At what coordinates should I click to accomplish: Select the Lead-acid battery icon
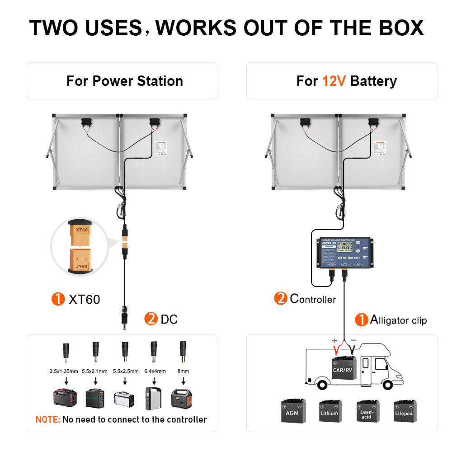(367, 411)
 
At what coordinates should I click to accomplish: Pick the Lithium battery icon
(330, 411)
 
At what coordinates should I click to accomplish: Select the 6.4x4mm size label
(154, 371)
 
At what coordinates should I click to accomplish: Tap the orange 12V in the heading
(334, 81)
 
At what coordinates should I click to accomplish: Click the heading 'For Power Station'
(124, 81)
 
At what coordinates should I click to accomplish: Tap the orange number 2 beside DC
(150, 319)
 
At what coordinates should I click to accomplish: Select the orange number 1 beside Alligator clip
(361, 320)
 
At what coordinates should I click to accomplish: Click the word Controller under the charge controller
(313, 299)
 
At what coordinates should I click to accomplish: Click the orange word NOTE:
(47, 419)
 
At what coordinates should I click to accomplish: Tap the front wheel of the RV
(387, 384)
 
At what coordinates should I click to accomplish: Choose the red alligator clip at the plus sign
(336, 348)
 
